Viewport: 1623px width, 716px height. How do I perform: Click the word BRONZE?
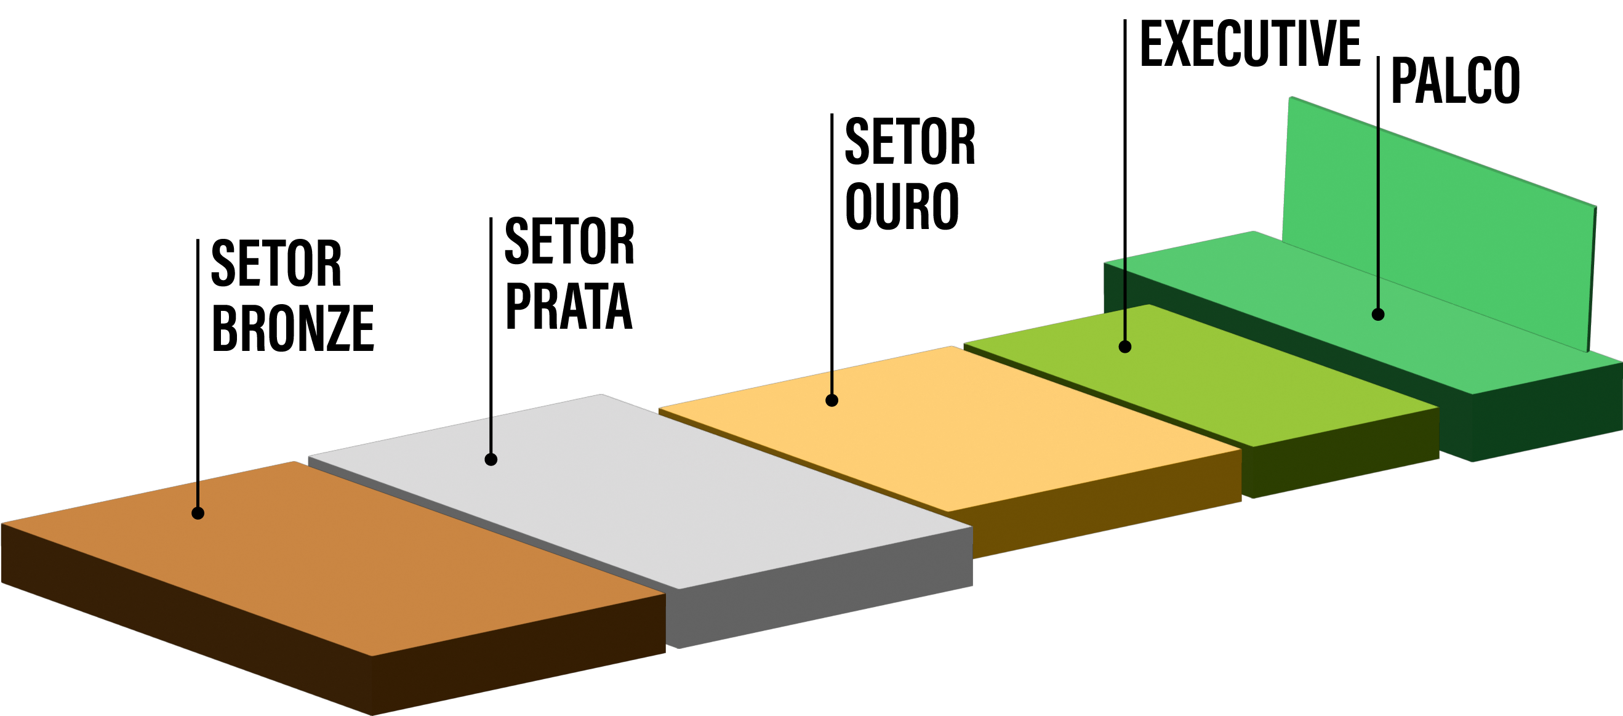[x=293, y=328]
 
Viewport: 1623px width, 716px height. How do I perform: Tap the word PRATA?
[x=568, y=307]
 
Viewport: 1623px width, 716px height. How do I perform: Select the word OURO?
[x=902, y=206]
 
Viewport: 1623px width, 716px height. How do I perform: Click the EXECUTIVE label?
[x=1251, y=44]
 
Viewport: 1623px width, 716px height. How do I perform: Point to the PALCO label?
[x=1456, y=80]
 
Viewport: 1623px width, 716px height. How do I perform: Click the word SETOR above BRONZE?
[x=276, y=263]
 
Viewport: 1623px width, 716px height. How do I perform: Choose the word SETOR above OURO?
[x=910, y=142]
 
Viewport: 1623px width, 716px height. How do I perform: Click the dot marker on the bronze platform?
[x=198, y=513]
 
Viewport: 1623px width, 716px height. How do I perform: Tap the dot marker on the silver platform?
[x=491, y=459]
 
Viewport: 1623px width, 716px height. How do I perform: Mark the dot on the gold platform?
[x=832, y=400]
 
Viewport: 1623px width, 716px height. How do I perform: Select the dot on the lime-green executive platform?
[x=1124, y=347]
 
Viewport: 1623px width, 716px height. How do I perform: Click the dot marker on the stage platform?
[x=1378, y=314]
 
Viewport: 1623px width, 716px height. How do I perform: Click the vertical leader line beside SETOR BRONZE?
[x=198, y=378]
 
